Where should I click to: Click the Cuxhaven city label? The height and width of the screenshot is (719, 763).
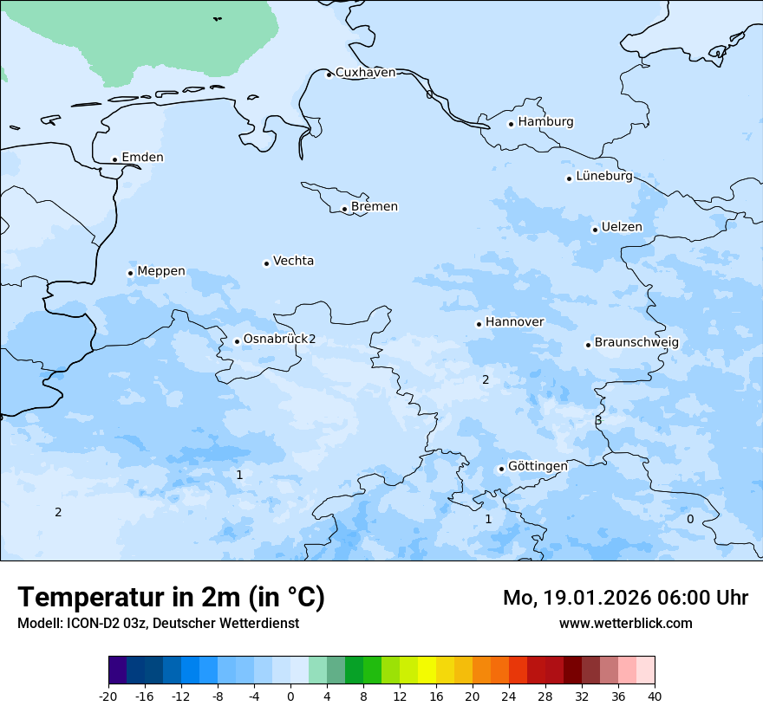click(365, 73)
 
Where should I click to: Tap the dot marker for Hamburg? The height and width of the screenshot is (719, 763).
click(511, 124)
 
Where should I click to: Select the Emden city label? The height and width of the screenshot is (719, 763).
click(142, 158)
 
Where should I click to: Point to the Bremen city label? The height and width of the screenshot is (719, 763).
click(375, 207)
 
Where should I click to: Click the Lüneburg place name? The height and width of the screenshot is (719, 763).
click(604, 176)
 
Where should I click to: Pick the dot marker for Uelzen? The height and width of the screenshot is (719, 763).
click(595, 230)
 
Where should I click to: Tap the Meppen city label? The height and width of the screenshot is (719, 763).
click(161, 271)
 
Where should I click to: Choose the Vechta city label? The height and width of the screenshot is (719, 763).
click(293, 261)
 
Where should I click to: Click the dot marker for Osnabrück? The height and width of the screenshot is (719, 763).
click(237, 341)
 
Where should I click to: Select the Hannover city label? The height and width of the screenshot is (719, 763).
click(514, 322)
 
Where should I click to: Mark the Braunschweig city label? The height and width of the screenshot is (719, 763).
click(636, 343)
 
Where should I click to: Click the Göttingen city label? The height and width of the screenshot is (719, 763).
click(538, 467)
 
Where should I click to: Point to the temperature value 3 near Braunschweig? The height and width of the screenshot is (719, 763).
click(598, 420)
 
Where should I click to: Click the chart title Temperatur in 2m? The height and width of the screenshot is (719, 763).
click(171, 597)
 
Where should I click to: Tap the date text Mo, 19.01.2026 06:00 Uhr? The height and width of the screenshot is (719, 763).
click(625, 598)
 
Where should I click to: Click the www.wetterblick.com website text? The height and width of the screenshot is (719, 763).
click(625, 623)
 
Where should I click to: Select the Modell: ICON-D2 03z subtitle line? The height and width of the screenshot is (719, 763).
click(158, 623)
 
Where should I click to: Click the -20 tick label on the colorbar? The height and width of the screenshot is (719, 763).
click(108, 696)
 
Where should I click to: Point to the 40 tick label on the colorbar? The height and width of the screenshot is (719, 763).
click(655, 696)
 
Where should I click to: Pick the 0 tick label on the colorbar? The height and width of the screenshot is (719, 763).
click(290, 696)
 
